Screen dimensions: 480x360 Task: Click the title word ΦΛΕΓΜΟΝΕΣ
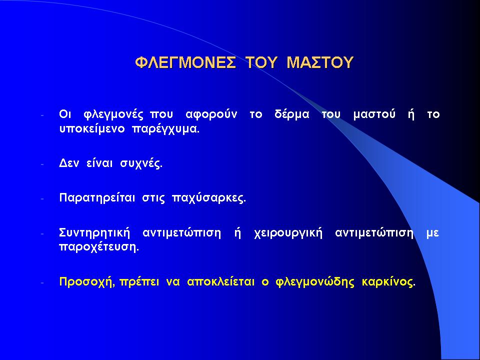coord(185,62)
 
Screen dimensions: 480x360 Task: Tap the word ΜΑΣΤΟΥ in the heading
coord(320,62)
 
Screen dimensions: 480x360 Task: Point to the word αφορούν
coord(211,114)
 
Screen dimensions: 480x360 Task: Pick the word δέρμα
coord(291,114)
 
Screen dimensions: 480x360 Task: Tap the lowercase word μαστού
coord(374,114)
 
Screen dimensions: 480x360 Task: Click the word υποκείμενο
coord(92,129)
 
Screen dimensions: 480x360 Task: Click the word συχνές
coord(141,164)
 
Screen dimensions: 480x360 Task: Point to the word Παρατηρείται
coord(97,198)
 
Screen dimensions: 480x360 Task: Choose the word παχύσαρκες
coord(209,198)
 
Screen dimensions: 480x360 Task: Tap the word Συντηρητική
coord(94,233)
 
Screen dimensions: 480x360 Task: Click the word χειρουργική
coord(288,233)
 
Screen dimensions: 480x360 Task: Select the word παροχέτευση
coord(99,247)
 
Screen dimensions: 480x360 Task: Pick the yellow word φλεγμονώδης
coord(315,282)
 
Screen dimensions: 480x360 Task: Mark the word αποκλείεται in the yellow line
coord(220,281)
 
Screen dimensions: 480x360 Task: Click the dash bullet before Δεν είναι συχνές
coord(42,164)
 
